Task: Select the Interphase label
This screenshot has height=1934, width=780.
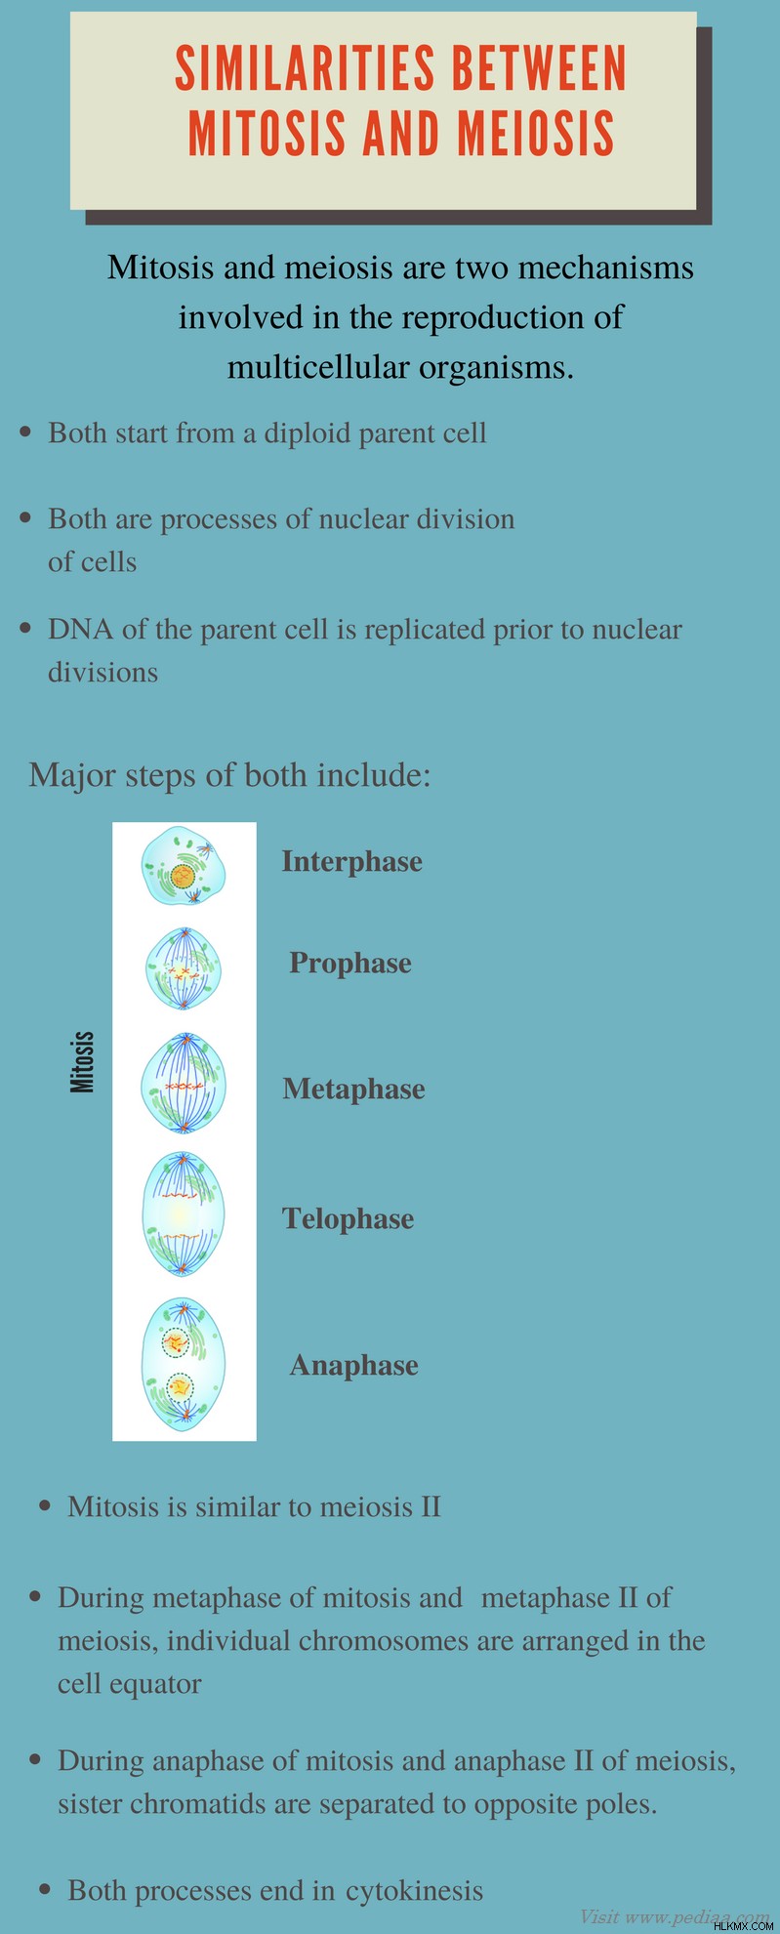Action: (x=352, y=861)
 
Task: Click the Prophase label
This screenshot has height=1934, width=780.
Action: (x=350, y=963)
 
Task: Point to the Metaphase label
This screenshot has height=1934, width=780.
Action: (x=353, y=1089)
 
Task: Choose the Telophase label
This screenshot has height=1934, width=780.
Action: (x=349, y=1218)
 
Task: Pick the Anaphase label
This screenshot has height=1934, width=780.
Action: (x=353, y=1365)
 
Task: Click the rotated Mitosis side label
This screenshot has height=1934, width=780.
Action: (x=83, y=1061)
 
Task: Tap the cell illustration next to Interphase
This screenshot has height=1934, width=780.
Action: (x=184, y=866)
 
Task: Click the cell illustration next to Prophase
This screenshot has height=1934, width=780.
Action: (x=184, y=968)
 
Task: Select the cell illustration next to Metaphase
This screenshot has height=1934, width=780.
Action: (x=184, y=1084)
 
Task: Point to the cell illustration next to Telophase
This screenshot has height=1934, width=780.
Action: (x=184, y=1214)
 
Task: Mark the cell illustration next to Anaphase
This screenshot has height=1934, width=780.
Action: (x=184, y=1364)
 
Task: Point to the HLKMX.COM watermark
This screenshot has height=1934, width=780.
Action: (x=744, y=1925)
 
